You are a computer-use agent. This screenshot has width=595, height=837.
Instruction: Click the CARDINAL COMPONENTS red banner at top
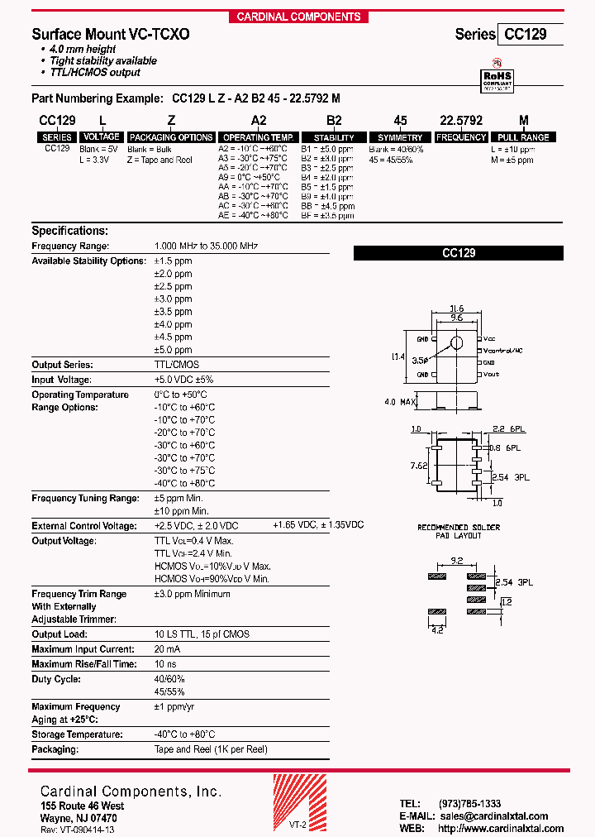298,17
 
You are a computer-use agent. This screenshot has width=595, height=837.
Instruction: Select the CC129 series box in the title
529,35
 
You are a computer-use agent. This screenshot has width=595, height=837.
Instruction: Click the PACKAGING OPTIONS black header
171,137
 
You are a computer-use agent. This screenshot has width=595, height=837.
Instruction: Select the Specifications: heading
69,231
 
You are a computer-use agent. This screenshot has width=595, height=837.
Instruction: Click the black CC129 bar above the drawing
458,254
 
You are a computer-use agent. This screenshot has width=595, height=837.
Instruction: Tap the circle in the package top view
456,342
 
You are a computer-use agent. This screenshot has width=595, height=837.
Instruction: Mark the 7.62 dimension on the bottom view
420,466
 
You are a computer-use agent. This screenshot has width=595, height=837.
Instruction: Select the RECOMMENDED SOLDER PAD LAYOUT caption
459,531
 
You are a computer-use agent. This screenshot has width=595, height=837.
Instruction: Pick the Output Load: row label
59,634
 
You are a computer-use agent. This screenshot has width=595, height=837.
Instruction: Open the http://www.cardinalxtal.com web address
501,828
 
